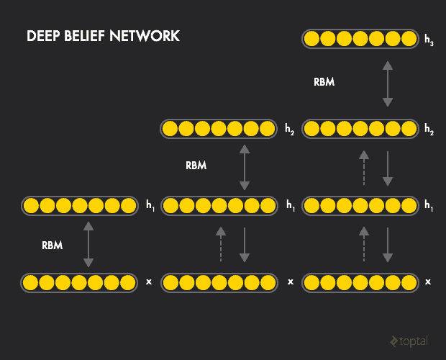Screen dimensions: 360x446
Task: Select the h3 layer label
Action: point(429,40)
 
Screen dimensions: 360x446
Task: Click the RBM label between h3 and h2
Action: point(324,82)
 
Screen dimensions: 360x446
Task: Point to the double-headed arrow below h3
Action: point(388,84)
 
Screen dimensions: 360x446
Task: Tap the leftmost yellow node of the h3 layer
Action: point(312,38)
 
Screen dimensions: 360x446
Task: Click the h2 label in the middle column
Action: point(289,130)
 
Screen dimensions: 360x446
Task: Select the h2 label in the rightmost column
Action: point(429,130)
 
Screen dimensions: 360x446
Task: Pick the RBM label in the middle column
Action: point(196,166)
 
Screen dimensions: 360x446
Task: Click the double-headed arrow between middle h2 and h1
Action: point(245,167)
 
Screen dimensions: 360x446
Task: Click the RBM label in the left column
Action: point(52,245)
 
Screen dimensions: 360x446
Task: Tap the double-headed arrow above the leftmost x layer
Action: point(88,245)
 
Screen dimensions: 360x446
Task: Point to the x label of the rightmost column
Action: point(428,282)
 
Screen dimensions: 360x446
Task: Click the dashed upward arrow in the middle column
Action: point(221,244)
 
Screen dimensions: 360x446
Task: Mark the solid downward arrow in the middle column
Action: point(245,244)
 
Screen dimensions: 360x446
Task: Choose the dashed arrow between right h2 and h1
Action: point(364,168)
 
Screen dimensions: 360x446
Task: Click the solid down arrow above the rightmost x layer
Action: point(388,244)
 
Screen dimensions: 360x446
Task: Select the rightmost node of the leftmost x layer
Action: point(129,282)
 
